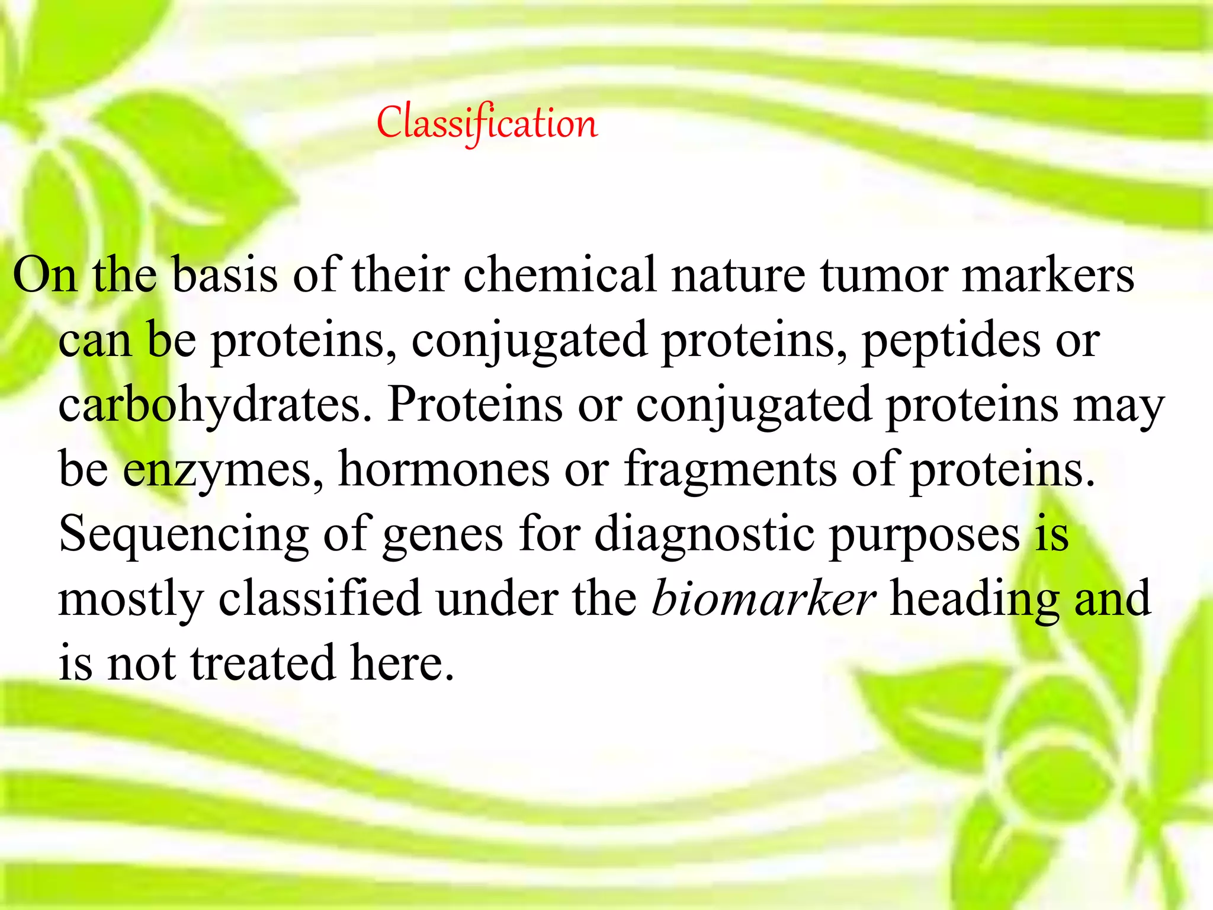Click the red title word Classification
tap(487, 123)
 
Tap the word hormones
tap(444, 470)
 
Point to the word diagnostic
tap(704, 535)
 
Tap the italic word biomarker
tap(763, 599)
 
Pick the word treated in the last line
tap(263, 663)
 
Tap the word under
tap(496, 599)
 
